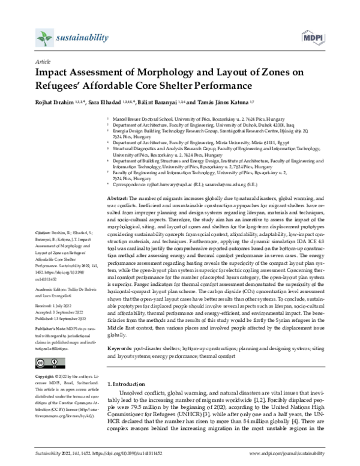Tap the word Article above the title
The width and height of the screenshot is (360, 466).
tap(43, 62)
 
